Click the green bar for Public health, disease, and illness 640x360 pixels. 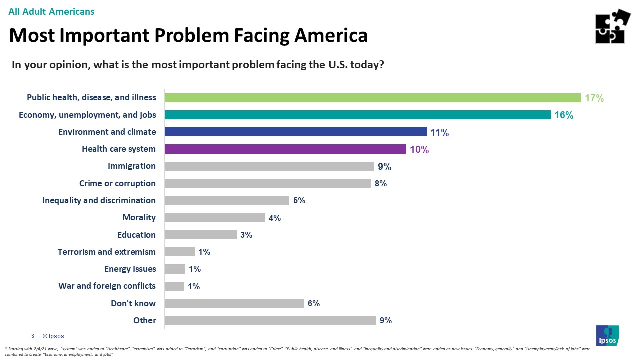pos(372,98)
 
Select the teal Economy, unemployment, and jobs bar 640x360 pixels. pos(357,115)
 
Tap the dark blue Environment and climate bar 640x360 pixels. pos(296,132)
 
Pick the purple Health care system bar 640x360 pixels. pos(285,149)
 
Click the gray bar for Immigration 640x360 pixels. pos(269,166)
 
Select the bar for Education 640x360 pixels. pos(200,235)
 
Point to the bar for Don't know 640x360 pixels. pos(234,303)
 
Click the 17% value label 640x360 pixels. pos(594,98)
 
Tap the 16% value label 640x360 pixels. pos(563,115)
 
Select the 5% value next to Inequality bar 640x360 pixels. pos(299,201)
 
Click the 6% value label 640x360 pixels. pos(314,303)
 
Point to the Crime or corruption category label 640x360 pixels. pos(117,183)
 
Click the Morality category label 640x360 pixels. pos(139,217)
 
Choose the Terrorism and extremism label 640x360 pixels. pos(107,252)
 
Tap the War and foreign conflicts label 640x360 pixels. pos(107,286)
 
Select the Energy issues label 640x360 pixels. pos(130,269)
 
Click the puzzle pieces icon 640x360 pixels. pos(613,27)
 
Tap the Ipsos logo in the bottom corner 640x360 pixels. pos(608,335)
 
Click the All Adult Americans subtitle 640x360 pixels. pos(51,11)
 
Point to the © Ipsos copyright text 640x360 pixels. pos(53,336)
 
